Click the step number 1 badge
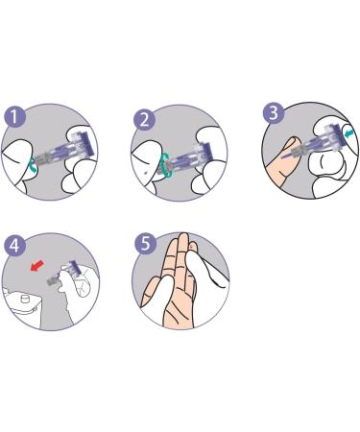click(14, 116)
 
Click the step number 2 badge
click(144, 120)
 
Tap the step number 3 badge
click(274, 113)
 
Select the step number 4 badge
click(14, 245)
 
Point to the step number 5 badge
click(145, 244)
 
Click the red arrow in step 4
click(36, 266)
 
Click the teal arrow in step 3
click(348, 133)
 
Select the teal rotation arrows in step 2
click(166, 165)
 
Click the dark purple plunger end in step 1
click(87, 144)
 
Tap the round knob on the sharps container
click(25, 300)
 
